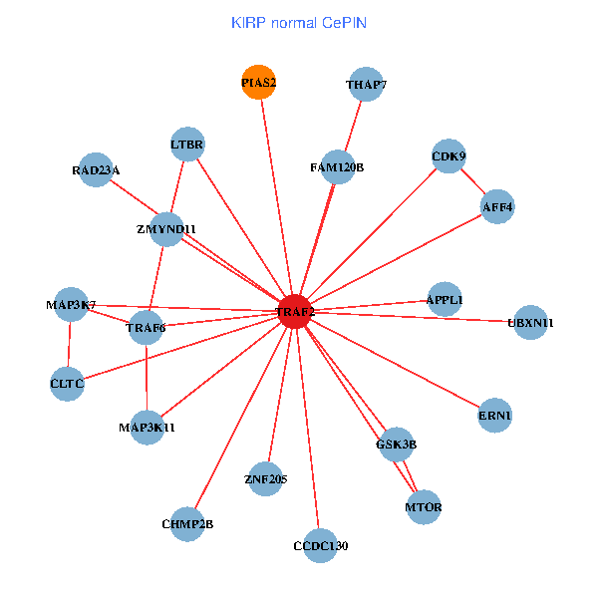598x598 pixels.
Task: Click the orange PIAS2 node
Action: click(258, 83)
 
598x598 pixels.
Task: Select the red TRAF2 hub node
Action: click(296, 312)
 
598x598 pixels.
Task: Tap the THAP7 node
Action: click(366, 85)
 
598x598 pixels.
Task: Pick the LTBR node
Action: click(187, 145)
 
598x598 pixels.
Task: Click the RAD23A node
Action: click(96, 169)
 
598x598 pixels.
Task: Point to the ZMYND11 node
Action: click(166, 228)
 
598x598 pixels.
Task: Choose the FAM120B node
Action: click(337, 166)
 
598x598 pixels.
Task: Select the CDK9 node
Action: click(448, 155)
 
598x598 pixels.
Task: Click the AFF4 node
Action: click(496, 207)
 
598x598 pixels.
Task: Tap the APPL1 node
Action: click(444, 299)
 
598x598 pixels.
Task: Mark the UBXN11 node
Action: click(530, 322)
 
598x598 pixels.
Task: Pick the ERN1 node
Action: click(495, 415)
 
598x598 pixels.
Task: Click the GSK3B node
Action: click(396, 444)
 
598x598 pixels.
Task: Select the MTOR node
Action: click(424, 507)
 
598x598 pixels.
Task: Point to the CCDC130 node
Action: click(321, 545)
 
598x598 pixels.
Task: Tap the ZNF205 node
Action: click(265, 479)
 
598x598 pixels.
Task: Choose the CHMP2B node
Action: click(187, 523)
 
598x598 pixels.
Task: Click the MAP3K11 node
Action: click(147, 428)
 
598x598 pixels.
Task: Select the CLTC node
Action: click(67, 383)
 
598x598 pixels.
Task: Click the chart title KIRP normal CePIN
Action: click(297, 22)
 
